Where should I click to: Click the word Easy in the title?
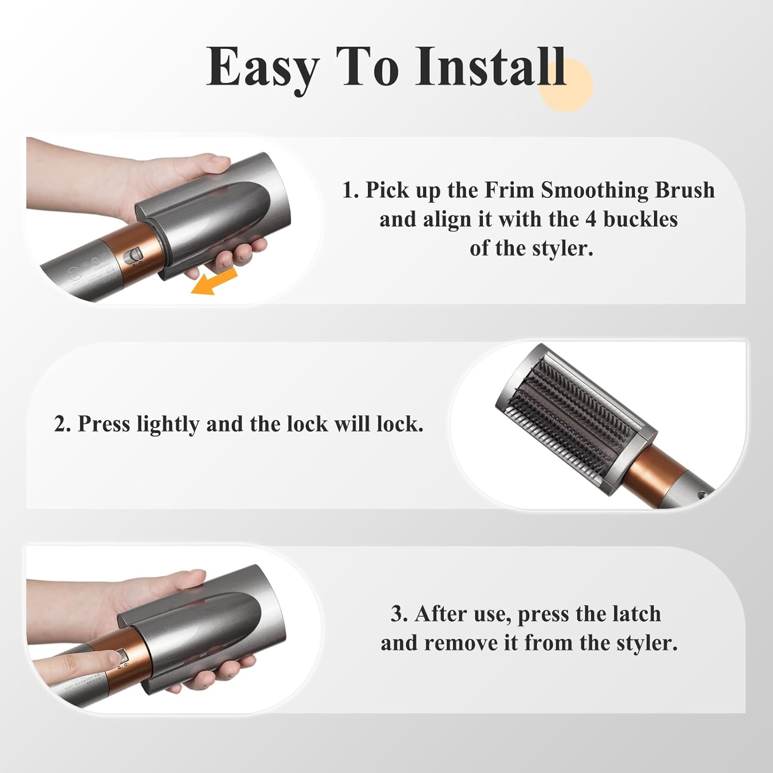pyautogui.click(x=262, y=67)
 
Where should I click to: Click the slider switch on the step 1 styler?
pyautogui.click(x=136, y=255)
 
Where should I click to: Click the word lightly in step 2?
pyautogui.click(x=167, y=424)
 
